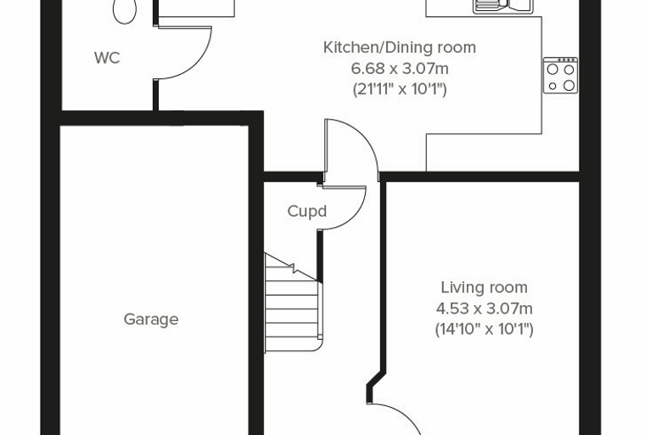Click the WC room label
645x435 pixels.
coord(107,58)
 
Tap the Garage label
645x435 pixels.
coord(151,319)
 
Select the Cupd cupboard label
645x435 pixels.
coord(307,211)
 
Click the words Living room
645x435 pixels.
coord(484,287)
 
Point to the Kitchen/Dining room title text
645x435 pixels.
coord(400,48)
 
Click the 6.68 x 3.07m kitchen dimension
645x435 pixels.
coord(400,68)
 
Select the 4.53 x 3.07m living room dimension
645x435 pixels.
coord(484,308)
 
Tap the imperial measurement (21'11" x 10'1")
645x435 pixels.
coord(400,89)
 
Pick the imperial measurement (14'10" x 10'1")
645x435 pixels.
coord(484,330)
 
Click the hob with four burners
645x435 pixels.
coord(560,76)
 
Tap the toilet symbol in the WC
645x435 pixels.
coord(125,11)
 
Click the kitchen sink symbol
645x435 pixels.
coord(502,6)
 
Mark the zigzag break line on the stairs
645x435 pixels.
coord(294,268)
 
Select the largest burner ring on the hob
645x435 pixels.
coord(569,85)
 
